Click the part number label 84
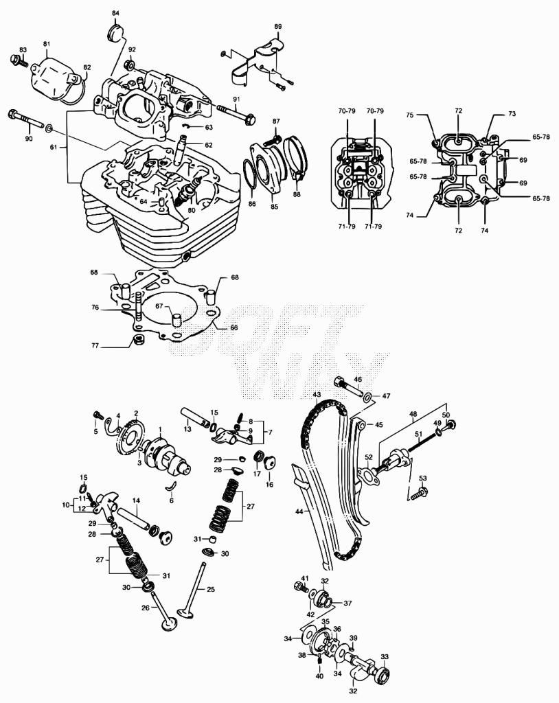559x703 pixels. tap(115, 14)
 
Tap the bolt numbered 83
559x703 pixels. tap(19, 61)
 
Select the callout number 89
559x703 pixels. tap(278, 27)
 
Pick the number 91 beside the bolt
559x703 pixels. tap(236, 99)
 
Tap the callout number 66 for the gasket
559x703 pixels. tap(233, 327)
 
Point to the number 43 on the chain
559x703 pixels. tap(317, 395)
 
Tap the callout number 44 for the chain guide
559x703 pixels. tap(299, 511)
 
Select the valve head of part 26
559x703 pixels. tap(169, 625)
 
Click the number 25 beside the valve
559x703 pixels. tap(210, 589)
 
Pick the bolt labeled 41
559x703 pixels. tap(299, 586)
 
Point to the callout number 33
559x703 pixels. tap(385, 657)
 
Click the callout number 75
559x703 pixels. tap(409, 115)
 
